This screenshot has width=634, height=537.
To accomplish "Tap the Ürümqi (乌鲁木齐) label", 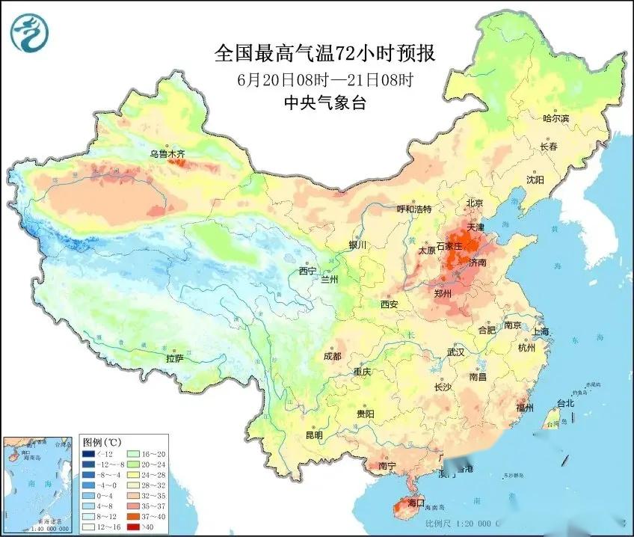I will tap(167, 154).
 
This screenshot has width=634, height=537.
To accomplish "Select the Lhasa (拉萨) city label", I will tap(174, 359).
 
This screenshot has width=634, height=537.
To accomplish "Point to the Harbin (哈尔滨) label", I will tap(555, 119).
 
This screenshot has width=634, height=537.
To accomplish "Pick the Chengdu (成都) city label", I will tap(333, 357).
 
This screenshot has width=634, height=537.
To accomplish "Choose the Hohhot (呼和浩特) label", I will tap(413, 209).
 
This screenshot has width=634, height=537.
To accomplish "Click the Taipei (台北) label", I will tap(565, 403).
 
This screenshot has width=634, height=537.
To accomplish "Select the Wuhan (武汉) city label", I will tap(456, 352).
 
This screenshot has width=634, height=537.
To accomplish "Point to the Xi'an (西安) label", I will tap(390, 304).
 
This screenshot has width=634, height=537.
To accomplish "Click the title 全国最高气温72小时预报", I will tap(325, 53).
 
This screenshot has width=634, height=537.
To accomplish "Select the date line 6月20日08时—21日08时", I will tap(325, 79).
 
